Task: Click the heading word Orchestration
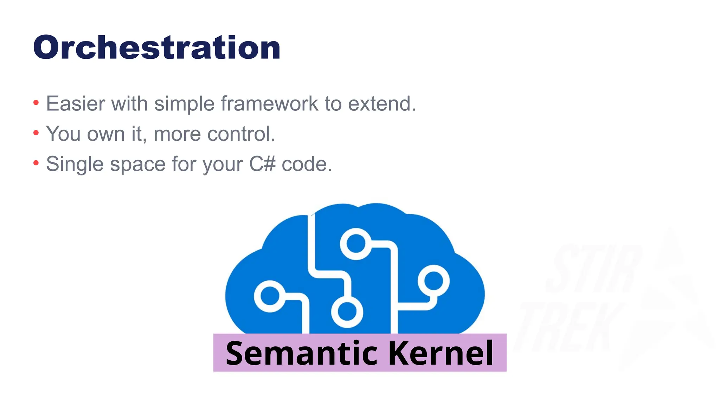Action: click(157, 48)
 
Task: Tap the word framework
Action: click(269, 104)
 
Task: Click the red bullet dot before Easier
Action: click(36, 103)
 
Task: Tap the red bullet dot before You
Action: click(36, 133)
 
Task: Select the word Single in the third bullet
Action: click(75, 164)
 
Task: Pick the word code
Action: click(307, 164)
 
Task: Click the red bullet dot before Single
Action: click(36, 163)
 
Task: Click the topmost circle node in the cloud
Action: click(356, 244)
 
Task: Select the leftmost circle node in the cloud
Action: click(270, 296)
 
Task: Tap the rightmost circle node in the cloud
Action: click(433, 281)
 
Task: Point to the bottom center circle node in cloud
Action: click(347, 312)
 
